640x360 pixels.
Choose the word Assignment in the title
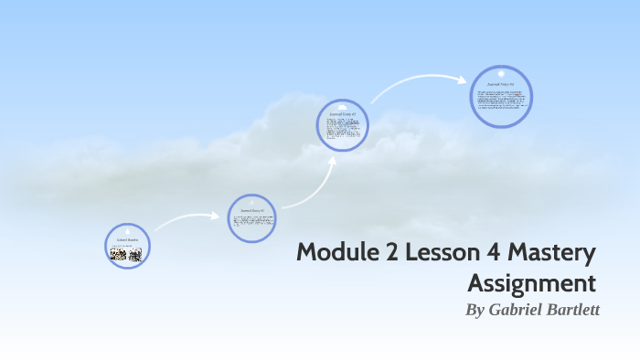(x=531, y=281)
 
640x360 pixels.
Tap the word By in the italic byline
(x=475, y=310)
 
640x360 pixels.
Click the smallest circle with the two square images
(x=127, y=246)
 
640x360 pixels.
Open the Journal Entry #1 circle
(x=251, y=218)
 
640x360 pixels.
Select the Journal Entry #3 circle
(x=501, y=96)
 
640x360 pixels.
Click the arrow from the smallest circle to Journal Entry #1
(x=187, y=219)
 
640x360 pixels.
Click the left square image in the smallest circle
(x=119, y=255)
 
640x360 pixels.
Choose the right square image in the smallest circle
(x=135, y=255)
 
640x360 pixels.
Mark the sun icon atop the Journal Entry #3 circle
(x=501, y=71)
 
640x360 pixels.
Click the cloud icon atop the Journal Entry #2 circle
(x=342, y=106)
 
